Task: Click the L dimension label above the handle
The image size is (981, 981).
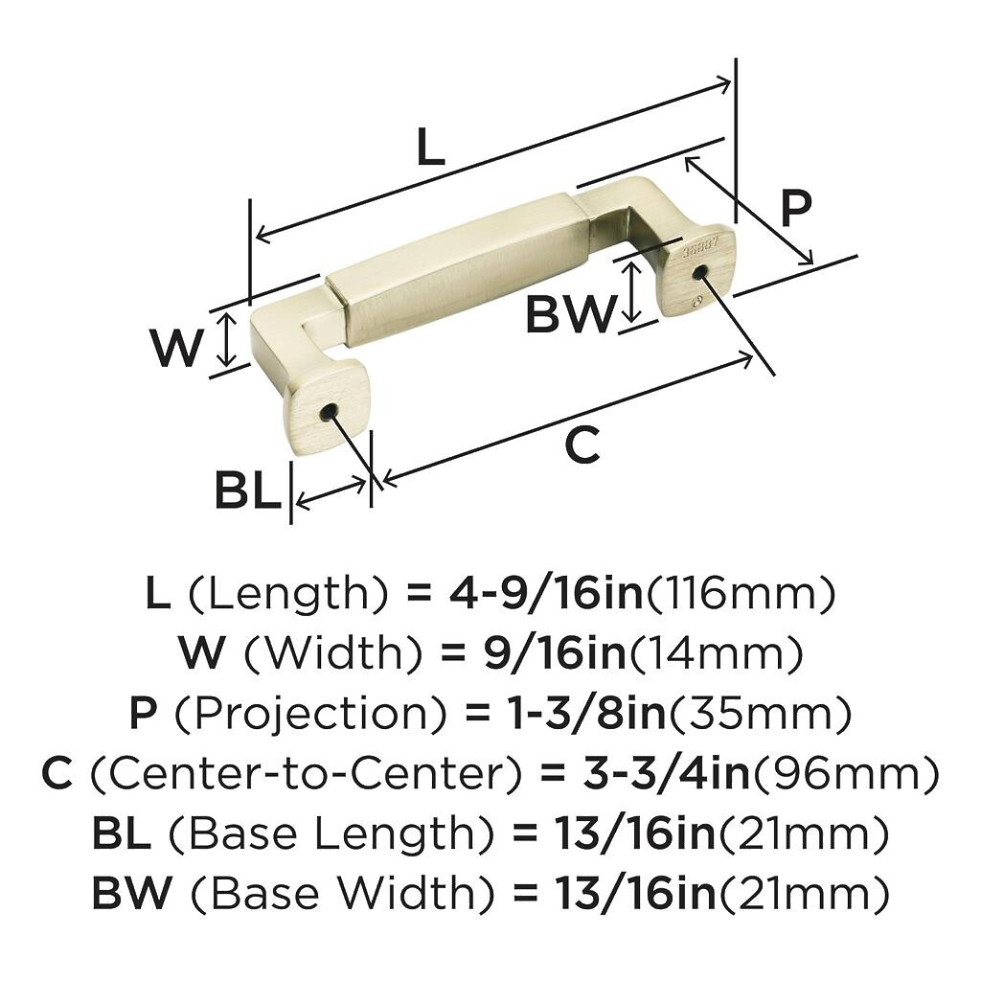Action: point(430,147)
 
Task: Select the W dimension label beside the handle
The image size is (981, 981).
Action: point(177,347)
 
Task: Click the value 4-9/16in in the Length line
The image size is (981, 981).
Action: point(546,594)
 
